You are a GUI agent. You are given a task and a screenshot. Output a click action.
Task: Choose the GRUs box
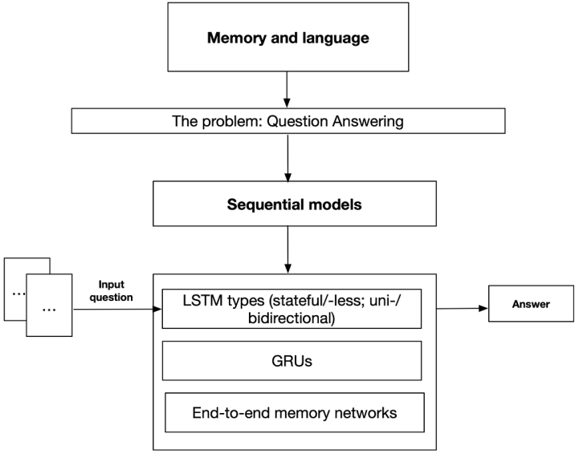(291, 361)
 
